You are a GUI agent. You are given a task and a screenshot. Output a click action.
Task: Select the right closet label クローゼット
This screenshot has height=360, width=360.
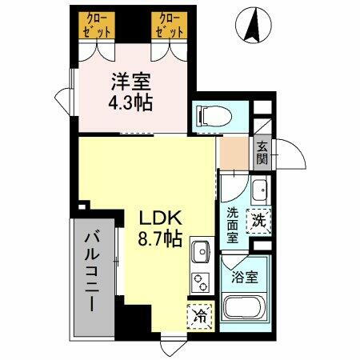pyautogui.click(x=170, y=25)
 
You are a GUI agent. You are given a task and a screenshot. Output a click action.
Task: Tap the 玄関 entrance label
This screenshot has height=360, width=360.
pyautogui.click(x=262, y=151)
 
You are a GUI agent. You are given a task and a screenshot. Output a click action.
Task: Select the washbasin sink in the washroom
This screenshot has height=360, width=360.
pyautogui.click(x=260, y=191)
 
